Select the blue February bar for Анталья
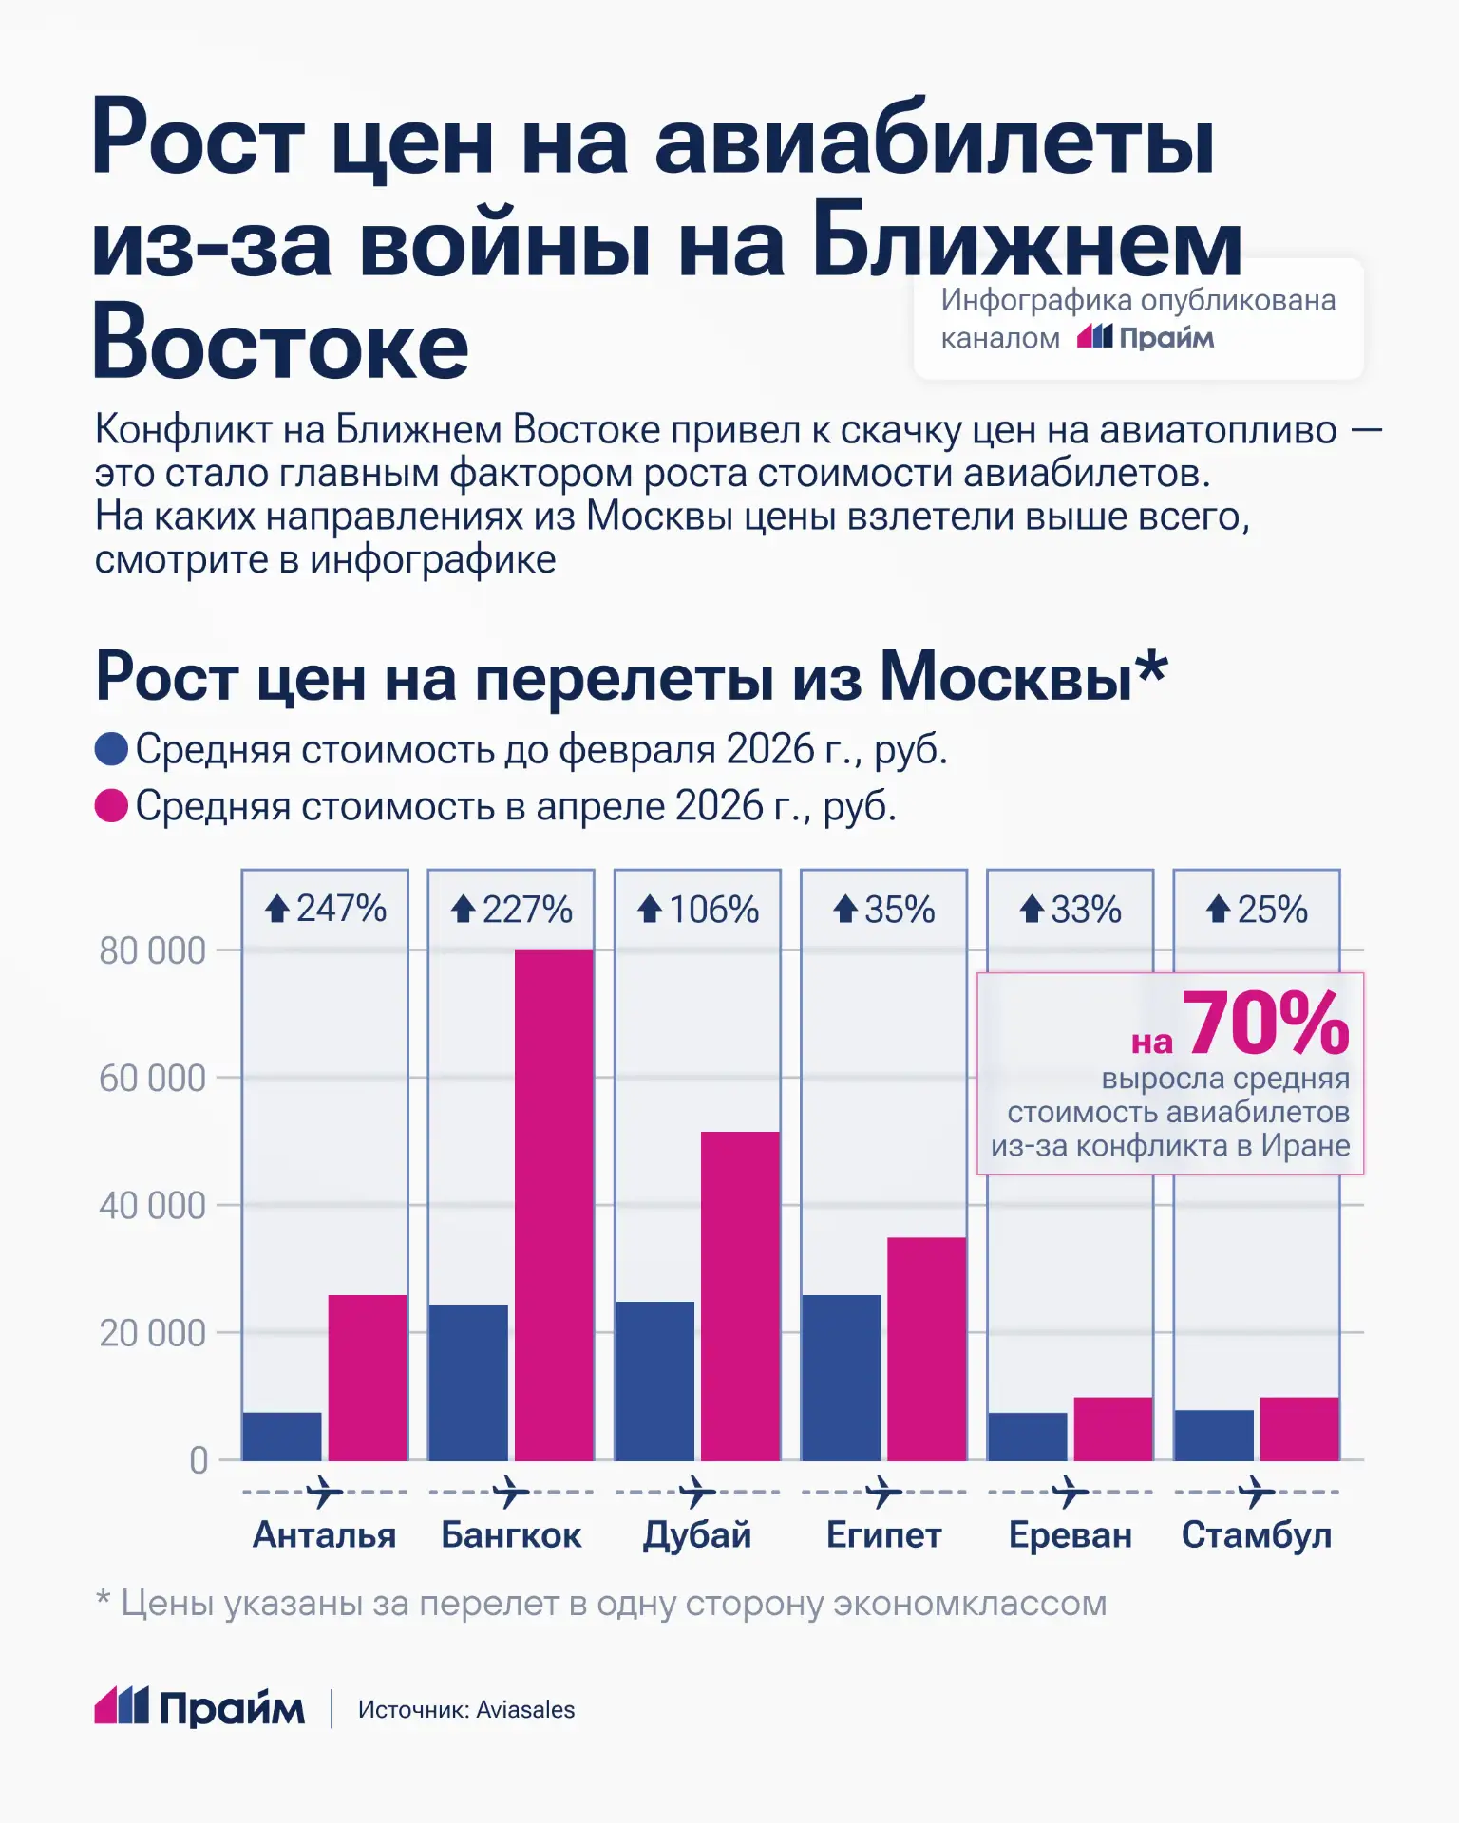[x=281, y=1436]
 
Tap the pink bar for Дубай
[x=740, y=1295]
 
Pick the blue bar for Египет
[x=841, y=1377]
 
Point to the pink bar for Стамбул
[x=1299, y=1428]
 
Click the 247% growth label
[x=326, y=909]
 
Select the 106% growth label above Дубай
[x=699, y=910]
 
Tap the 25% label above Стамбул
[x=1258, y=910]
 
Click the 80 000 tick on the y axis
[x=152, y=950]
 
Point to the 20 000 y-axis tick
[x=152, y=1333]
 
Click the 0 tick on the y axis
[x=198, y=1460]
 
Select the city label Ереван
[x=1071, y=1535]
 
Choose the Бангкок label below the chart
[x=511, y=1535]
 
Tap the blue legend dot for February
[x=111, y=749]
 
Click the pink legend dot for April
[x=111, y=806]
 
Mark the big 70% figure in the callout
[x=1265, y=1024]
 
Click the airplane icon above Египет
[x=884, y=1492]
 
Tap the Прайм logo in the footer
[x=199, y=1708]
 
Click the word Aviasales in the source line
[x=525, y=1710]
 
